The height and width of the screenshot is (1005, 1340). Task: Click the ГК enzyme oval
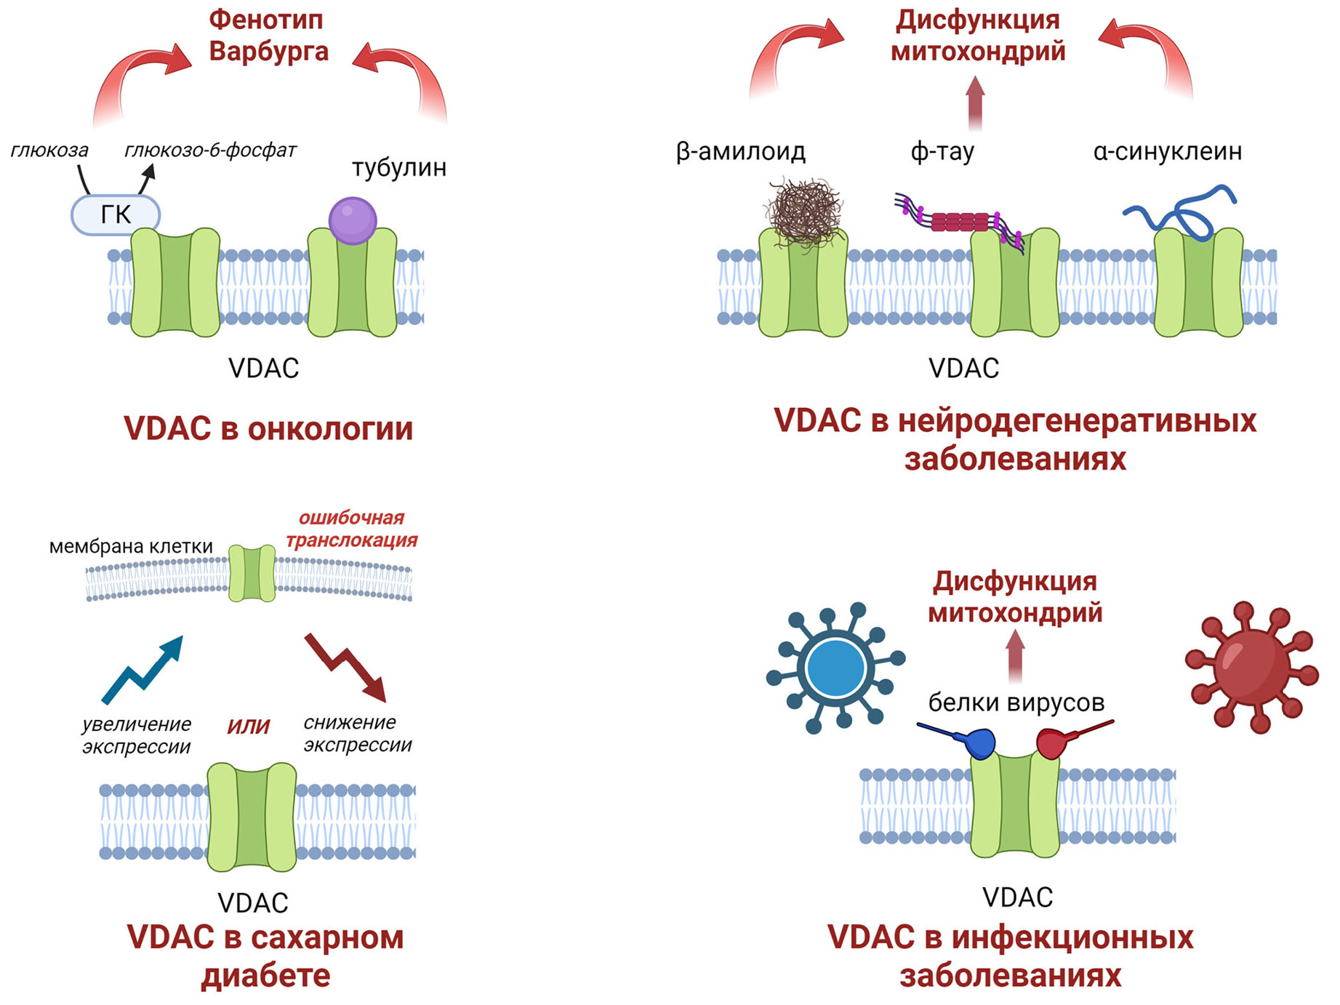116,215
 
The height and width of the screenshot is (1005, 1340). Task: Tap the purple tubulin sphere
353,220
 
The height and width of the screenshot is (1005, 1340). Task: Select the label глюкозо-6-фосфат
210,151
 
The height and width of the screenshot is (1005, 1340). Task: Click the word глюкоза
49,151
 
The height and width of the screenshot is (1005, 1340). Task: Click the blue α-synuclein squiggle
1182,212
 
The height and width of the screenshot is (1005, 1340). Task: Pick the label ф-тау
942,151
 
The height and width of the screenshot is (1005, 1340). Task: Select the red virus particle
1251,665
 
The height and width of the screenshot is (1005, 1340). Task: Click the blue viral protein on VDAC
977,742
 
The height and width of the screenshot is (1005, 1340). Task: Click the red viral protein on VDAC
1053,742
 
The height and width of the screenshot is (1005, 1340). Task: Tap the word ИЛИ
249,726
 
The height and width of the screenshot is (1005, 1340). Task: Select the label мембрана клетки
131,546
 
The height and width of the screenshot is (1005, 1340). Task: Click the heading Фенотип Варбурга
268,36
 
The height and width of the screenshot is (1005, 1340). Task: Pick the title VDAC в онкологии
268,428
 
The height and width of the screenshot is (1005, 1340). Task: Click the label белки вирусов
1016,702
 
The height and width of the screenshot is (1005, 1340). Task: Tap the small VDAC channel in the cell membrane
252,573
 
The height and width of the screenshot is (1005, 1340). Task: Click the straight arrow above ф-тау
975,103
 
